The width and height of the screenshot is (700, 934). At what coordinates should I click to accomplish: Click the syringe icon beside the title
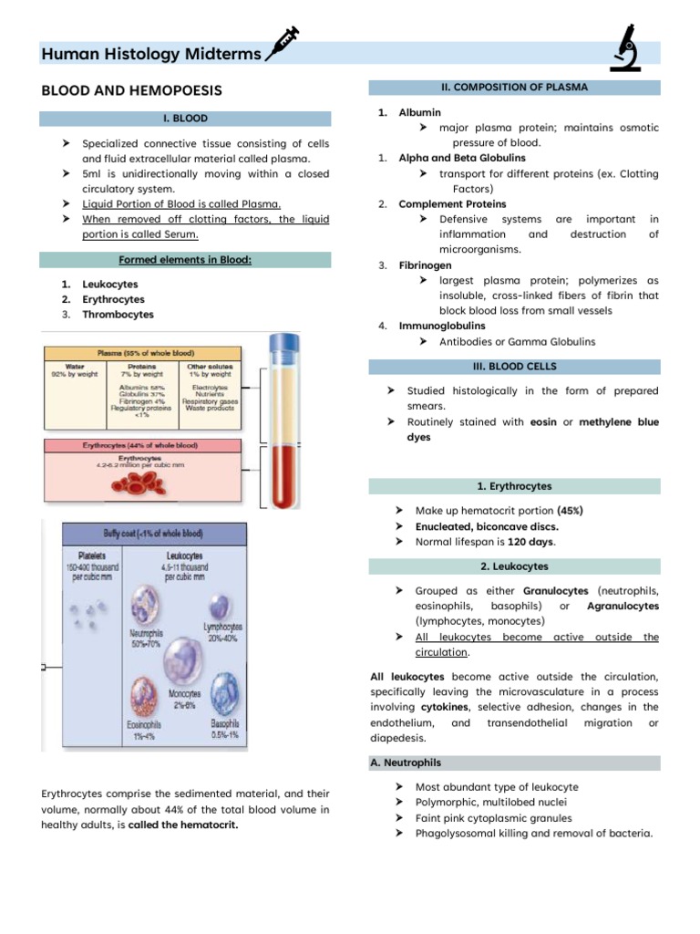[282, 46]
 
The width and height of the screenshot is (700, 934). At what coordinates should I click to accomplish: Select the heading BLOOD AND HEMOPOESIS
[131, 91]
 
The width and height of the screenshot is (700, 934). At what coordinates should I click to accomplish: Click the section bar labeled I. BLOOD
[185, 119]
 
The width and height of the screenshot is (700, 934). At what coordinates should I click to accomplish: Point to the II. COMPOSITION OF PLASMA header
[514, 88]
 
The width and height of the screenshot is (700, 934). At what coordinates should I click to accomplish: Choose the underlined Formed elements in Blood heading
[185, 260]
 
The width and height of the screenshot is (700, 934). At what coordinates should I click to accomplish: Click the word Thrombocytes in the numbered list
[118, 315]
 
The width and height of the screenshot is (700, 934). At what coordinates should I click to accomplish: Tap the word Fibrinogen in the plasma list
[425, 265]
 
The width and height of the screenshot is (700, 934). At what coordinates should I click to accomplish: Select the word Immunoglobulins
[442, 326]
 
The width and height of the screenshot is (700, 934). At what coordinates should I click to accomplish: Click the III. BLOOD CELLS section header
[514, 367]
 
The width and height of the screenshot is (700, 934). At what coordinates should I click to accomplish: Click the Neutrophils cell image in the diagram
[149, 605]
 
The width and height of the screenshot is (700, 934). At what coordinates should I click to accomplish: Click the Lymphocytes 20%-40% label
[222, 633]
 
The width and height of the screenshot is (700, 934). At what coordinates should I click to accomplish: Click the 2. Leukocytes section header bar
[514, 566]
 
